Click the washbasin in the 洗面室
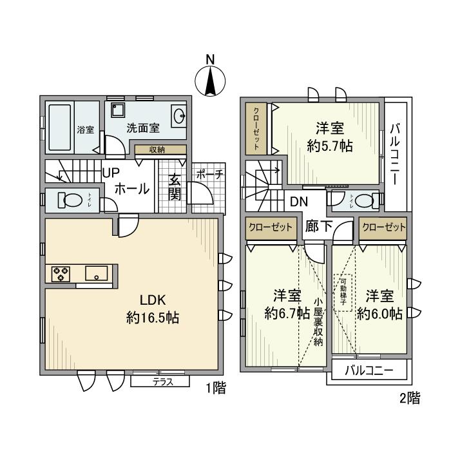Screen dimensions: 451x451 click(x=178, y=117)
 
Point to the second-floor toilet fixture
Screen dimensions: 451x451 click(x=365, y=200)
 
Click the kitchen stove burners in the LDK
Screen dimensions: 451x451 click(x=60, y=273)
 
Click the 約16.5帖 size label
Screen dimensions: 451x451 click(x=152, y=318)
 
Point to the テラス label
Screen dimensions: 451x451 click(x=161, y=381)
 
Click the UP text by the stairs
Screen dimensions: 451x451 click(x=110, y=173)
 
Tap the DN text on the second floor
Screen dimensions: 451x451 click(x=298, y=201)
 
